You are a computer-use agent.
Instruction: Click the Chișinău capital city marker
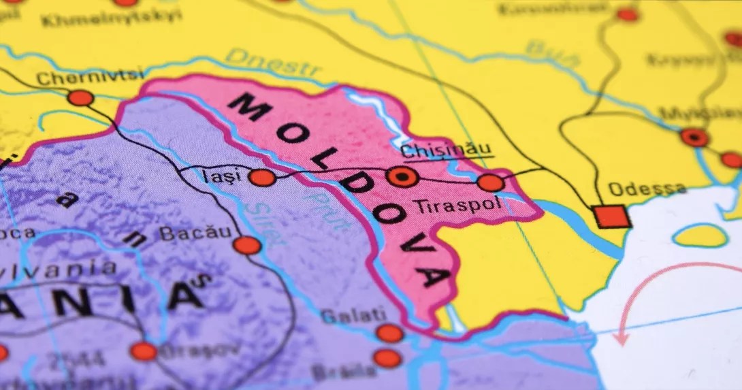click(402, 178)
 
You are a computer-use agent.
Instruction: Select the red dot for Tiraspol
click(490, 182)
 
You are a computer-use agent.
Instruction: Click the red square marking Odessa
click(611, 216)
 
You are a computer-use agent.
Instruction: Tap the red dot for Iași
click(262, 178)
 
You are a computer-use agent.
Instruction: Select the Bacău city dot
click(246, 245)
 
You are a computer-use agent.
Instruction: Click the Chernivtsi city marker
click(80, 98)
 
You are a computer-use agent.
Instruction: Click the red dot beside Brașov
click(144, 351)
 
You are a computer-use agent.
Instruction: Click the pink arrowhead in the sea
click(621, 336)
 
